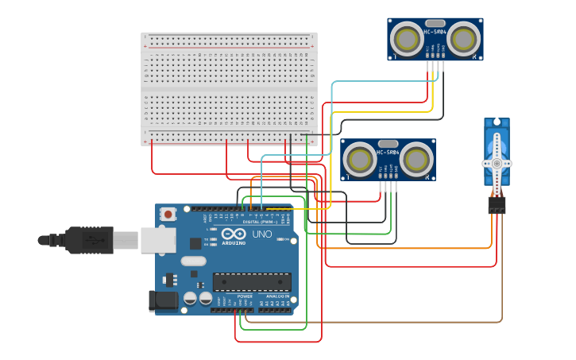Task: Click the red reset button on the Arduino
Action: (x=168, y=214)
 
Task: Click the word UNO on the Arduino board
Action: (x=262, y=234)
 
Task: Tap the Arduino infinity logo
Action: (x=234, y=234)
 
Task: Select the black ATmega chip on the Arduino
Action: (x=251, y=281)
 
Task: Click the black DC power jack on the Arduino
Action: (x=163, y=300)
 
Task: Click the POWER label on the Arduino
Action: (x=244, y=296)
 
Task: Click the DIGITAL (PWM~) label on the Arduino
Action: (x=262, y=222)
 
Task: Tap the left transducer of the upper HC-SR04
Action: (x=408, y=38)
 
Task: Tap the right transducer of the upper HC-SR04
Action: (x=463, y=38)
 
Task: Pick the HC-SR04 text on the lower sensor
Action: (x=388, y=152)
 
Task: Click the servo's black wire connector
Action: (x=497, y=205)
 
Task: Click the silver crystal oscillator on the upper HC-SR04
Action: (x=435, y=23)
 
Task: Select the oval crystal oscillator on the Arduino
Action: (x=193, y=261)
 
